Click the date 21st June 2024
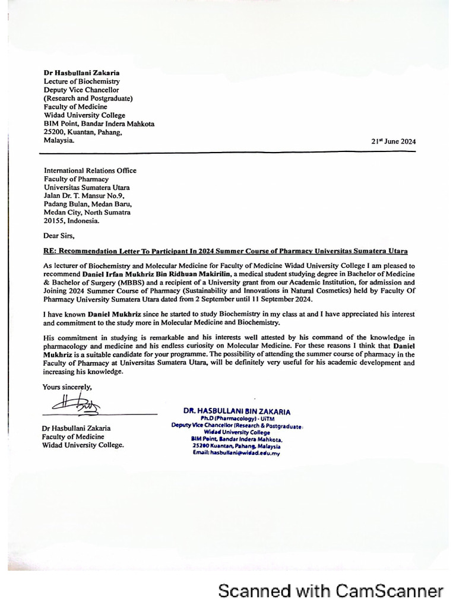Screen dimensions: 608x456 [x=393, y=141]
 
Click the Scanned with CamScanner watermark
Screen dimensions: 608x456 [x=331, y=591]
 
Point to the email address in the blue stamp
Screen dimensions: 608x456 [x=236, y=452]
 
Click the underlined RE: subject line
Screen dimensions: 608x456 [x=230, y=251]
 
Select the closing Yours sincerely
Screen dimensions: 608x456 [x=67, y=387]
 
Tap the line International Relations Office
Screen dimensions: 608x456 [x=90, y=170]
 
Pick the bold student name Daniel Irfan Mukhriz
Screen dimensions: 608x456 [x=130, y=275]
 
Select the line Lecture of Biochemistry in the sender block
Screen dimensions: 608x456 [x=81, y=81]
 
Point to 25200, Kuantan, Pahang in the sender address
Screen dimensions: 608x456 [x=83, y=132]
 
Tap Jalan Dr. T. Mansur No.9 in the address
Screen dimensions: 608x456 [x=84, y=195]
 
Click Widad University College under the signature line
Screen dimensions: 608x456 [x=83, y=445]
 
